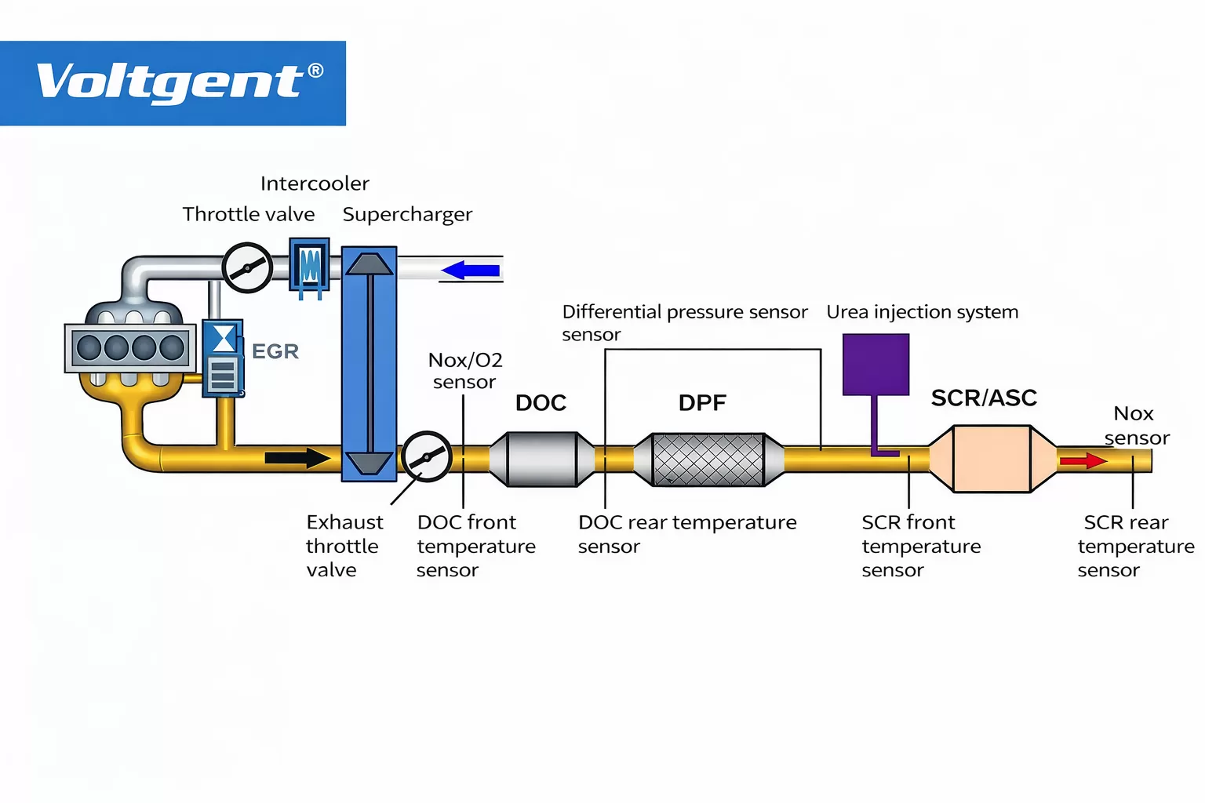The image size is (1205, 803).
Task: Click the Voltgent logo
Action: point(173,82)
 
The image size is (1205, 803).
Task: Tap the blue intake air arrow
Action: point(471,271)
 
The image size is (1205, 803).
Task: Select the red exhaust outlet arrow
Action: point(1083,460)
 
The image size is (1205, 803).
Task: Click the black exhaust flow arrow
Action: point(297,458)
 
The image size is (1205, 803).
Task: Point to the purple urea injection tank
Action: point(876,365)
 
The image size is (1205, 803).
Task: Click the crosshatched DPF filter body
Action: point(708,460)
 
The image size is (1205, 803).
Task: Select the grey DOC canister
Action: point(541,459)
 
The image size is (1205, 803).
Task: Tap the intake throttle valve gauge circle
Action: point(247,267)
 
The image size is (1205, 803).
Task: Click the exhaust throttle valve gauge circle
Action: point(426,456)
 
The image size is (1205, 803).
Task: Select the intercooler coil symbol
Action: point(310,266)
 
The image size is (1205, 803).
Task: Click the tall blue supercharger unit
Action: point(369,364)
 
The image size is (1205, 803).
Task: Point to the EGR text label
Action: point(275,351)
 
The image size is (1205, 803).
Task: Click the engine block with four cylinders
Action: point(130,347)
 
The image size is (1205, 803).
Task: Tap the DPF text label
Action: point(702,403)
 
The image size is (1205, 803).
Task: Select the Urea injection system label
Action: point(922,312)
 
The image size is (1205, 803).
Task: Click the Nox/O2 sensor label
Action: point(464,371)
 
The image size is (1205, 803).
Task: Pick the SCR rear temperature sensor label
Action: point(1134,546)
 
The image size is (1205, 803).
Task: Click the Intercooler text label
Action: point(315,183)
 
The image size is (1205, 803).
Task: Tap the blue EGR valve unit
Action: point(223,358)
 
